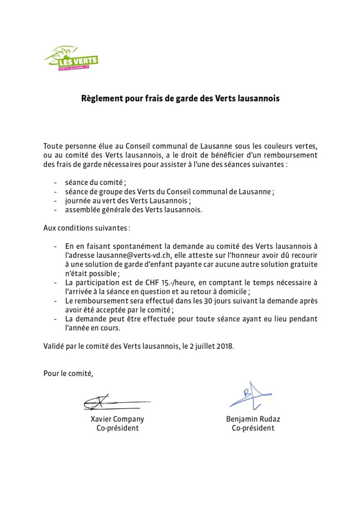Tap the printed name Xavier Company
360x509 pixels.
(117, 419)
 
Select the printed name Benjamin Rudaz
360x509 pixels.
(253, 419)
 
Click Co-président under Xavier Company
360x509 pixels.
(117, 428)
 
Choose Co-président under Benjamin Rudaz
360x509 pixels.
(253, 428)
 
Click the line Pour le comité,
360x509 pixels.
(68, 374)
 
